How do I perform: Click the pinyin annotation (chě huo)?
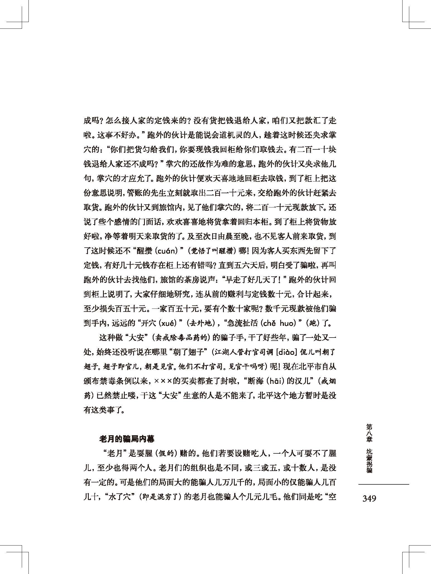point(281,323)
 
